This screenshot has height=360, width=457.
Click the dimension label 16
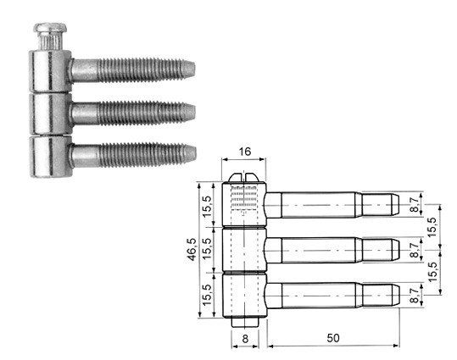[x=244, y=152]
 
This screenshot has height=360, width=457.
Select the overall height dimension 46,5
[x=192, y=249]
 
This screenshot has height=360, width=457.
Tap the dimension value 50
[x=333, y=338]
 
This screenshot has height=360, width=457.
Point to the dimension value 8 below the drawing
[x=245, y=339]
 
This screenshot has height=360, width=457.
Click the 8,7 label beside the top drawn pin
[x=414, y=204]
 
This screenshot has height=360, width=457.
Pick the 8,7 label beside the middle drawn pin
[x=414, y=250]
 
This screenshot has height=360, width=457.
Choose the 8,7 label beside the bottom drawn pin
[x=414, y=296]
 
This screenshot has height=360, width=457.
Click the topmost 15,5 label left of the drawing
[x=206, y=207]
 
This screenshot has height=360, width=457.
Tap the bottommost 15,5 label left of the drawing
[x=206, y=295]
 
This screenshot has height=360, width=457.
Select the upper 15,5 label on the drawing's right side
[x=432, y=227]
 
